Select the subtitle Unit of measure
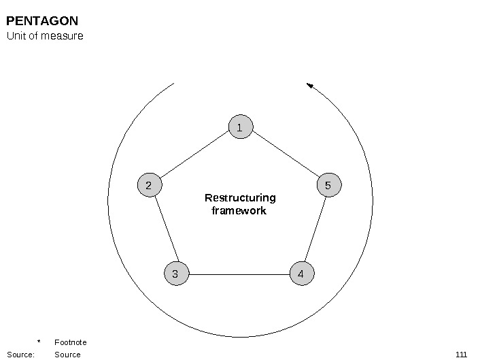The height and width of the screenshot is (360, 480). click(45, 36)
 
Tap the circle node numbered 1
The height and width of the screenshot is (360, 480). click(240, 127)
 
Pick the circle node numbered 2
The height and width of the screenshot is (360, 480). click(149, 185)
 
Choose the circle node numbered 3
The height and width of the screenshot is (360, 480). click(176, 274)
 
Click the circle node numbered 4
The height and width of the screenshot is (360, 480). click(301, 274)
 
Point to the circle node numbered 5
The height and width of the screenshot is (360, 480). click(328, 185)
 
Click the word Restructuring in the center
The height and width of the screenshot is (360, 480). click(240, 198)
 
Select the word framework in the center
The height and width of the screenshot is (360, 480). click(239, 211)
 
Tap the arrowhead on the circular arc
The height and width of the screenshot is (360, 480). click(310, 86)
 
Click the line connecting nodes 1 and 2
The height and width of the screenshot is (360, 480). click(194, 156)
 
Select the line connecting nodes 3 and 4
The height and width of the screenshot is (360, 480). click(239, 274)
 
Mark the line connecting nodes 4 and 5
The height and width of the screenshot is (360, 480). click(315, 230)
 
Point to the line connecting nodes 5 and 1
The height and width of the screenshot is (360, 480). click(284, 156)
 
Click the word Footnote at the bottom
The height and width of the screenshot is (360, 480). click(70, 342)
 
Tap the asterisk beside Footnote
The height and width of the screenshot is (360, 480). click(39, 342)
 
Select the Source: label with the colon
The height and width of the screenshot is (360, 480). click(20, 355)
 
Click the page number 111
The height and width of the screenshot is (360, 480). click(461, 355)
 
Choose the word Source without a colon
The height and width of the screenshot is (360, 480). click(67, 355)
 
